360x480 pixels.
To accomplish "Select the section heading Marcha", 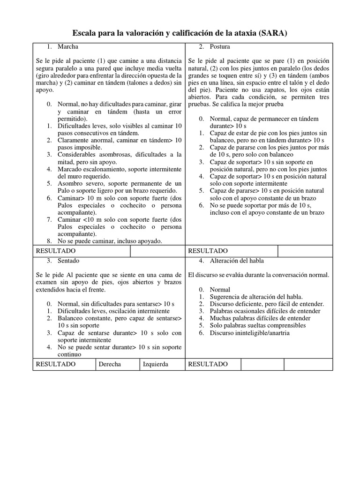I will pyautogui.click(x=68, y=47).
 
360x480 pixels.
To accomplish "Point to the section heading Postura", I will pyautogui.click(x=220, y=47).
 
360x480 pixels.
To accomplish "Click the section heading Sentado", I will pyautogui.click(x=68, y=260).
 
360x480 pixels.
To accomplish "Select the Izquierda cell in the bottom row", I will pyautogui.click(x=155, y=364).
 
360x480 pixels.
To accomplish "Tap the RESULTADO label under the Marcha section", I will pyautogui.click(x=55, y=251).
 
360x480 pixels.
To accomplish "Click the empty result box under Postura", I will pyautogui.click(x=305, y=251).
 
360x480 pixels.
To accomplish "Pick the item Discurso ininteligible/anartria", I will pyautogui.click(x=249, y=333).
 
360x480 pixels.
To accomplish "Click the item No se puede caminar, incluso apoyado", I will pyautogui.click(x=110, y=241).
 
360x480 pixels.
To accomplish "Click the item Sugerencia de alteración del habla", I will pyautogui.click(x=256, y=297).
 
